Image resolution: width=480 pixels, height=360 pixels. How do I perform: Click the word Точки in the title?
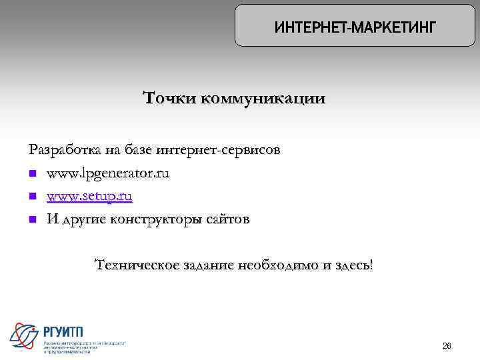169,99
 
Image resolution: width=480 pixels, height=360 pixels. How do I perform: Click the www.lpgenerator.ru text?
108,174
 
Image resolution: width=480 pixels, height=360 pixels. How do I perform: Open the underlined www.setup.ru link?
89,197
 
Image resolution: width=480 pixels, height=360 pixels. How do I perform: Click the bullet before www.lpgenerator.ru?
33,175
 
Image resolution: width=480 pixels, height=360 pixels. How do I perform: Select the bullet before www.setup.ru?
33,197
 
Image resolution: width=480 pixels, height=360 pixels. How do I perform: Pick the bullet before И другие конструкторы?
33,220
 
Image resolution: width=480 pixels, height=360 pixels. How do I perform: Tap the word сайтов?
227,219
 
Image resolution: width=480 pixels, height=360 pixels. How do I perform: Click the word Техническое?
138,265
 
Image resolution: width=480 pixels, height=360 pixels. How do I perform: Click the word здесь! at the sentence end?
353,265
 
